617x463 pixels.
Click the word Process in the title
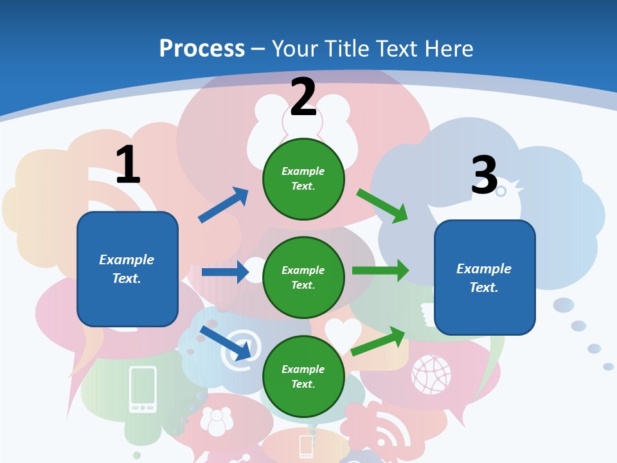pos(202,49)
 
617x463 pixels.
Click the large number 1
pos(129,165)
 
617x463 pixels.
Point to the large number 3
pos(484,175)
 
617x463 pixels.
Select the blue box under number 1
pos(127,269)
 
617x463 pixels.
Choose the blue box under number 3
pos(485,278)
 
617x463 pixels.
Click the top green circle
pos(303,179)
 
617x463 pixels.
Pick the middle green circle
pos(303,277)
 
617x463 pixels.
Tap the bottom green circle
pos(303,376)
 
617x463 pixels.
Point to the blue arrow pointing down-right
pos(226,343)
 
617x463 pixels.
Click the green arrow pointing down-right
pos(382,206)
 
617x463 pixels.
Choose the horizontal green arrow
pos(380,271)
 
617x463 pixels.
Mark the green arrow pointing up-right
pos(379,341)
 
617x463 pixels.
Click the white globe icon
pos(431,374)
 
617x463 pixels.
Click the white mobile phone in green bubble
pos(143,388)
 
